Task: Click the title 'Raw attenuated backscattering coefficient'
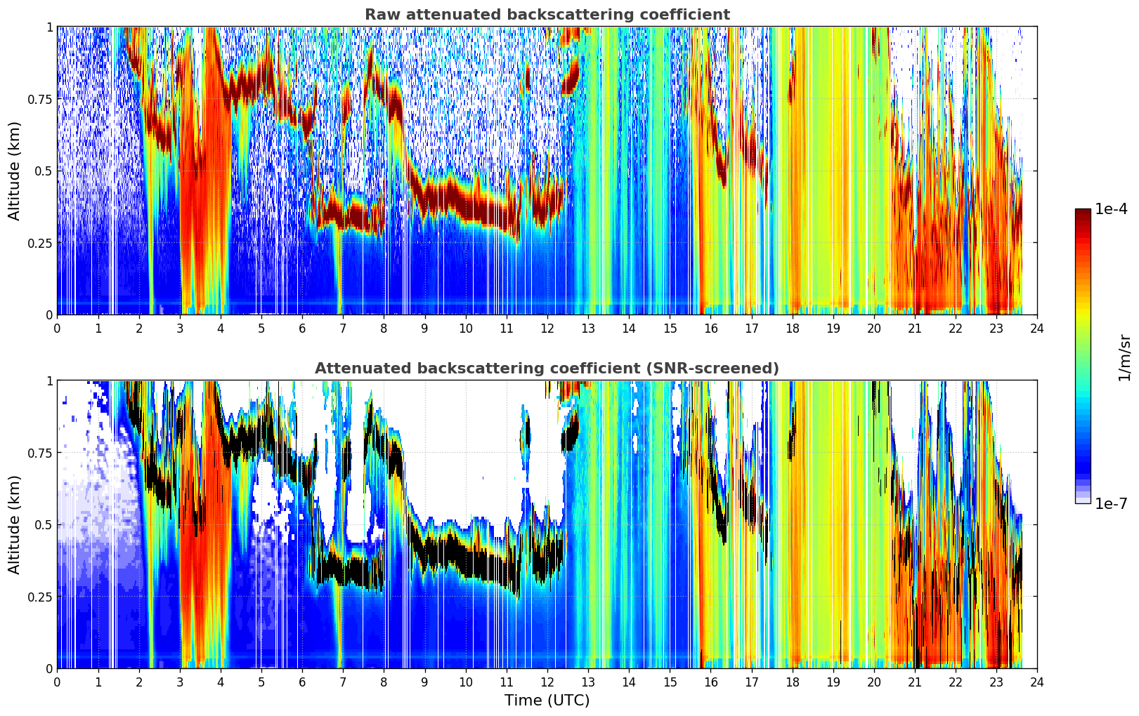547,14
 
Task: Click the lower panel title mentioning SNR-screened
547,368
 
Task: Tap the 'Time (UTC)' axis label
547,701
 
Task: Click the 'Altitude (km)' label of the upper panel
14,171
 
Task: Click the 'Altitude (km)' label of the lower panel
14,524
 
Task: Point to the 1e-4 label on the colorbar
1111,208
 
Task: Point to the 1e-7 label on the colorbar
1111,504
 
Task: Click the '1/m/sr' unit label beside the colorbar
1124,357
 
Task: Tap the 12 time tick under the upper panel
547,329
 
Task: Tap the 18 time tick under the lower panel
792,682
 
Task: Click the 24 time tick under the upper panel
1037,329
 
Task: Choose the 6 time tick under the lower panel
302,682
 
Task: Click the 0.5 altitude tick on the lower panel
44,524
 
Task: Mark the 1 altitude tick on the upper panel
49,27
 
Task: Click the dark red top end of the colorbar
1083,211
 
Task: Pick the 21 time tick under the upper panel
915,329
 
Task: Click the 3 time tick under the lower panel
179,682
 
